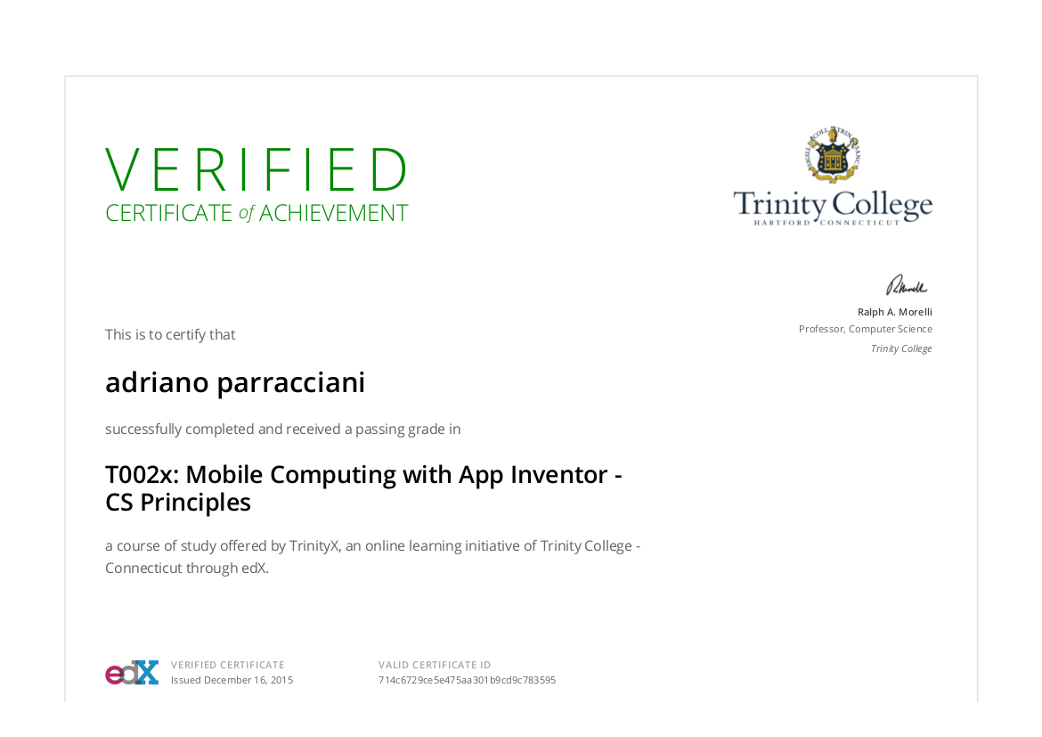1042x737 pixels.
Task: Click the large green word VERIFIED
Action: coord(256,169)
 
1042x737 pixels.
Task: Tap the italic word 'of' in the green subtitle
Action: coord(246,214)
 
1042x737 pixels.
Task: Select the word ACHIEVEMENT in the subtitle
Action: coord(334,214)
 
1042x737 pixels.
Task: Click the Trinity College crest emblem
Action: coord(833,154)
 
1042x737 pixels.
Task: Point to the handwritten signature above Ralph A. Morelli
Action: coord(907,285)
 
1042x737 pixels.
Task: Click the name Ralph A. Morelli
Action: coord(894,312)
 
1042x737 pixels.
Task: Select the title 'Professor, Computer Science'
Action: coord(866,329)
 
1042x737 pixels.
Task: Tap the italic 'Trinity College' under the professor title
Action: coord(901,348)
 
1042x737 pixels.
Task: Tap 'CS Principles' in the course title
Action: coord(178,503)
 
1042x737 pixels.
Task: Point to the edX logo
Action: coord(132,673)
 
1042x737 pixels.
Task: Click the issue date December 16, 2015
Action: coord(248,681)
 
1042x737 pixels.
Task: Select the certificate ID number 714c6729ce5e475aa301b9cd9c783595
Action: coord(468,681)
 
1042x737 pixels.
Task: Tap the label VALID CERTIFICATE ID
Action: coord(435,665)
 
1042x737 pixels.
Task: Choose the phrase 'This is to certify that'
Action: coord(170,334)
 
